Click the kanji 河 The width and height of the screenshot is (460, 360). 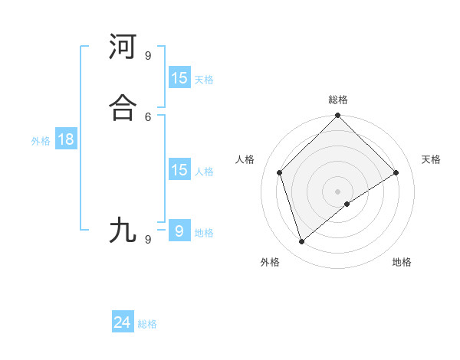pyautogui.click(x=123, y=47)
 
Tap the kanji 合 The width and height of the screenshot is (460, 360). pyautogui.click(x=123, y=107)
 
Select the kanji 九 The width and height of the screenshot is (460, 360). pyautogui.click(x=123, y=230)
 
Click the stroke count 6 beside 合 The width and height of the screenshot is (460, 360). pyautogui.click(x=148, y=116)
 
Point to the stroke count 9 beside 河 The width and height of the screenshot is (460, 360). pyautogui.click(x=148, y=55)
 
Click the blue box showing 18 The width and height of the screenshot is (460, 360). pyautogui.click(x=65, y=139)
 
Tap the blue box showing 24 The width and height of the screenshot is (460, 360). pyautogui.click(x=123, y=322)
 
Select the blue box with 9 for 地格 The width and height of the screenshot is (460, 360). pyautogui.click(x=179, y=231)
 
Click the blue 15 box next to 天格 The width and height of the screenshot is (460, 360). pyautogui.click(x=179, y=78)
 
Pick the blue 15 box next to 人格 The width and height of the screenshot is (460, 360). pyautogui.click(x=179, y=170)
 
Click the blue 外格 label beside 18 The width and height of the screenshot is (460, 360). pyautogui.click(x=41, y=141)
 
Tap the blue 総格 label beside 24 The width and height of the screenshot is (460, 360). pyautogui.click(x=147, y=324)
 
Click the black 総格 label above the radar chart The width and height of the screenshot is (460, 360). pyautogui.click(x=338, y=100)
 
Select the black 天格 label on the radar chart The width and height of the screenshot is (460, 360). pyautogui.click(x=431, y=159)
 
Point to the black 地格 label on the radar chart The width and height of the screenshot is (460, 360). pyautogui.click(x=402, y=263)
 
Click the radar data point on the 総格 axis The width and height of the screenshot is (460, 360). pyautogui.click(x=338, y=116)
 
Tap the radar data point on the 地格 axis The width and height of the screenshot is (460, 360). pyautogui.click(x=347, y=204)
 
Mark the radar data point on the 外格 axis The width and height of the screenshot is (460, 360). pyautogui.click(x=302, y=242)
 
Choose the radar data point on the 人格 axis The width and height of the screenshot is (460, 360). pyautogui.click(x=280, y=172)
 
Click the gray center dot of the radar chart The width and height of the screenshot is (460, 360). pyautogui.click(x=338, y=191)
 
